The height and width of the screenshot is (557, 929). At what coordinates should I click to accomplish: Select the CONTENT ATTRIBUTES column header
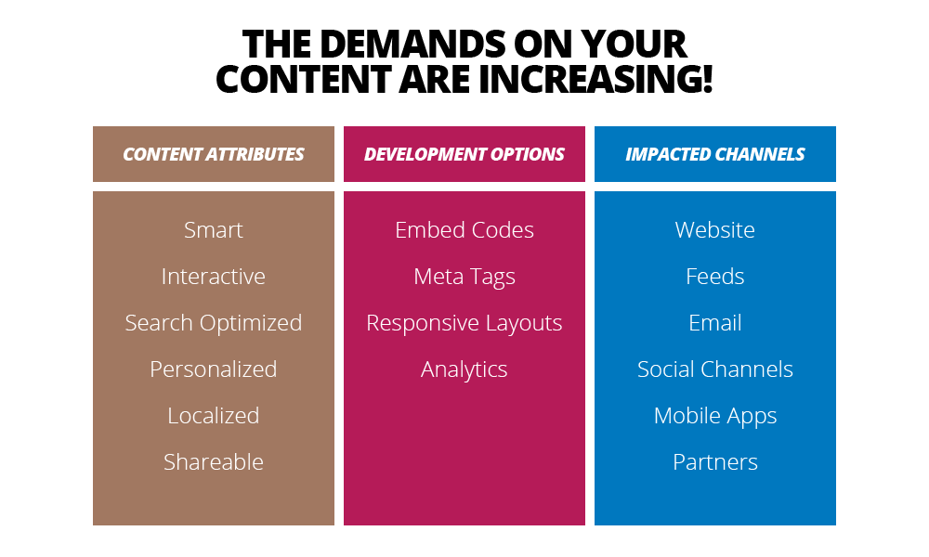pyautogui.click(x=214, y=154)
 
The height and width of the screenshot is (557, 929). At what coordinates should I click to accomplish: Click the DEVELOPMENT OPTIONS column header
pyautogui.click(x=464, y=154)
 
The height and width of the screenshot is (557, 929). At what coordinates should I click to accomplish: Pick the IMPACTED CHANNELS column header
pyautogui.click(x=715, y=154)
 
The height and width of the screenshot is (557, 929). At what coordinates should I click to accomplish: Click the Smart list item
pyautogui.click(x=214, y=230)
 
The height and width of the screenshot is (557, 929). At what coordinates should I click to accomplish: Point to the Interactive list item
pyautogui.click(x=214, y=277)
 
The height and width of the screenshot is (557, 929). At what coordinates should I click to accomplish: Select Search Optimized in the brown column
pyautogui.click(x=214, y=323)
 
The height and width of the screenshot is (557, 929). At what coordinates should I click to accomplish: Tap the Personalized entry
pyautogui.click(x=214, y=369)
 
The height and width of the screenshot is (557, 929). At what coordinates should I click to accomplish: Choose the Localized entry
pyautogui.click(x=214, y=416)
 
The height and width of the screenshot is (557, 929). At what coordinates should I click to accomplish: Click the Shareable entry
pyautogui.click(x=214, y=462)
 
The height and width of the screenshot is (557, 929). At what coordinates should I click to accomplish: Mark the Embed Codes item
pyautogui.click(x=464, y=230)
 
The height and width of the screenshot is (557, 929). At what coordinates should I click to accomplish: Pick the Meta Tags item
pyautogui.click(x=464, y=277)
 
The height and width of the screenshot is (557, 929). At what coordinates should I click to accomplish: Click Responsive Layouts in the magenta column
pyautogui.click(x=464, y=323)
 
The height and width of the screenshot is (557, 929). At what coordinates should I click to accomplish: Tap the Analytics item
pyautogui.click(x=464, y=369)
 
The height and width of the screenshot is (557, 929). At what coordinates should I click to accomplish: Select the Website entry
pyautogui.click(x=715, y=230)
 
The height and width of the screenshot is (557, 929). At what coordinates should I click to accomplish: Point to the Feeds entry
pyautogui.click(x=715, y=277)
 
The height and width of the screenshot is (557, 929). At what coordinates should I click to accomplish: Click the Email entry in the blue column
pyautogui.click(x=715, y=323)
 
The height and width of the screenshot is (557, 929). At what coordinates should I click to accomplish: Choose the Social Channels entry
pyautogui.click(x=715, y=369)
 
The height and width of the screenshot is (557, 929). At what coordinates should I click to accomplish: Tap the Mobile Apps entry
pyautogui.click(x=715, y=416)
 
